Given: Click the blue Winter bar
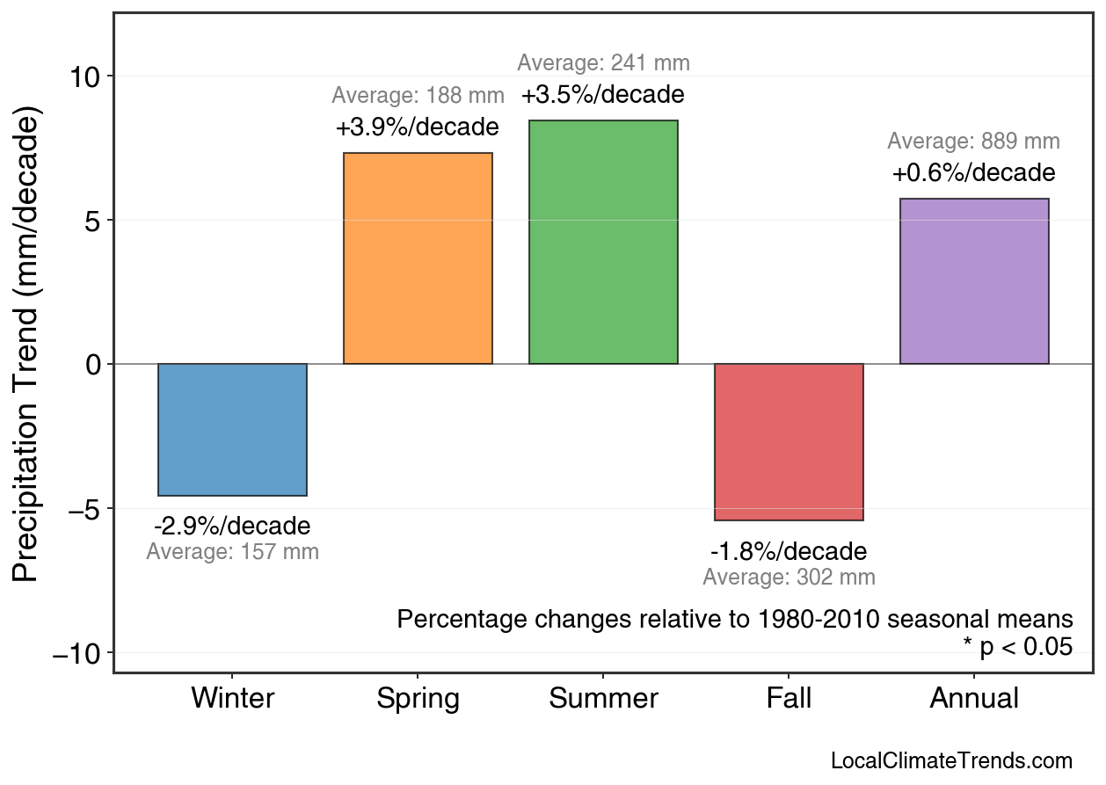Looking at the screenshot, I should coord(232,429).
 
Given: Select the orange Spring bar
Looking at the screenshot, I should coord(418,258).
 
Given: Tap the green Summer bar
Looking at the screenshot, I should coord(603,242).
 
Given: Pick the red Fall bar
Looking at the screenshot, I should coord(789,441).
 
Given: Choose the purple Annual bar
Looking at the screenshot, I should coord(974,281).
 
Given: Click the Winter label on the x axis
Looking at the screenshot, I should coord(232,699).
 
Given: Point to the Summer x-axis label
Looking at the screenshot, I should coord(603,699).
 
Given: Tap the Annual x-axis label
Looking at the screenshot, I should coord(974,699).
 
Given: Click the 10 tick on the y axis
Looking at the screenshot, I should coord(86,76).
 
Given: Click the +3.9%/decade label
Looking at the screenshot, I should coord(418,127).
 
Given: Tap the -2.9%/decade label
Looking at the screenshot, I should coord(232,527).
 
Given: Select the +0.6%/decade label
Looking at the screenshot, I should coord(974,173).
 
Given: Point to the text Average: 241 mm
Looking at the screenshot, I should coord(603,63).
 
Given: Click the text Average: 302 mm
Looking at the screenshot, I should coord(789,578).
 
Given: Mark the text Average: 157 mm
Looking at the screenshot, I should coord(232,553).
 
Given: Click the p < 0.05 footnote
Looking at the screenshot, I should coord(1018,647).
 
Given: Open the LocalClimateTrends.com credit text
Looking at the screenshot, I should coord(951,761).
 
